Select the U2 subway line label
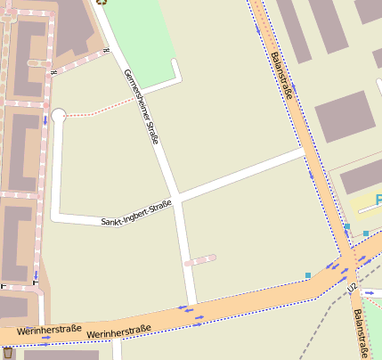(x=353, y=289)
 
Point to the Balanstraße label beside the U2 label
(x=358, y=329)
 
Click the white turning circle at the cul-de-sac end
(x=59, y=116)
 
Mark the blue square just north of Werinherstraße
(x=308, y=275)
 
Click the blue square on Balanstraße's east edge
(x=347, y=227)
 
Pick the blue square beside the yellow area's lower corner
(x=365, y=233)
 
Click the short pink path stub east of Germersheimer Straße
(x=199, y=260)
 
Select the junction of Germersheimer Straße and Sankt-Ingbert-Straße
(x=178, y=197)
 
